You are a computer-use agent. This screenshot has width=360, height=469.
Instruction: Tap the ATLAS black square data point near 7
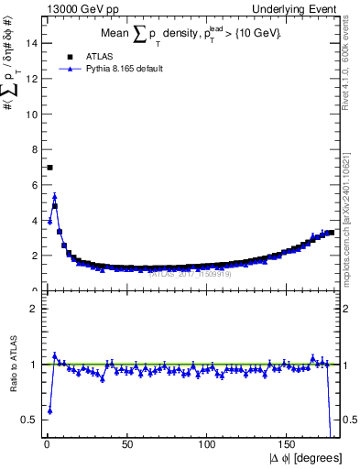tap(49, 168)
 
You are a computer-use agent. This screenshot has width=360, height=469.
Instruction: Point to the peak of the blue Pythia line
tap(55, 196)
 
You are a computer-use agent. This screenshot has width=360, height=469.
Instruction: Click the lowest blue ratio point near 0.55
tap(49, 411)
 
